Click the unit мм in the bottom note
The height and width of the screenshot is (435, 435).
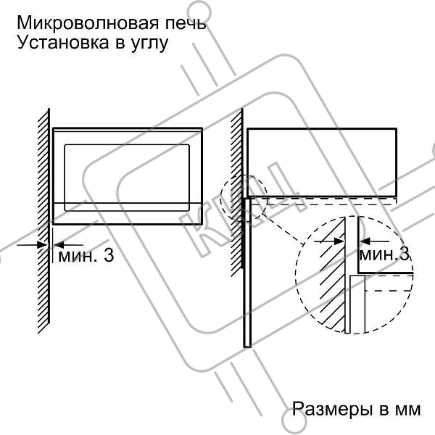[407, 409]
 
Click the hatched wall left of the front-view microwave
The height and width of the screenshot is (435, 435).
[43, 217]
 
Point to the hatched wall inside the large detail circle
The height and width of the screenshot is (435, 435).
[331, 283]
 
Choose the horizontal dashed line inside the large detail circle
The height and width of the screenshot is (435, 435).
[388, 289]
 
